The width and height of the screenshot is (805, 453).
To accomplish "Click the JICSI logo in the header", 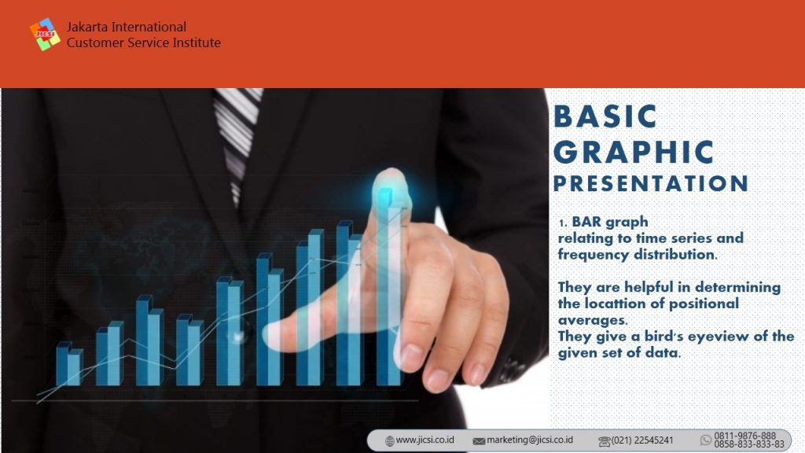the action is point(45,35).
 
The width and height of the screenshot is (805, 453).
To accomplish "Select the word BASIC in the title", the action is point(605,116).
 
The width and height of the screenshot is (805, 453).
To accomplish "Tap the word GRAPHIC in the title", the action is point(634,152).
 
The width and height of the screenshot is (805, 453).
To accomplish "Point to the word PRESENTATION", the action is point(650,183).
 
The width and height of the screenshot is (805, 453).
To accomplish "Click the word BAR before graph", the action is point(586,222).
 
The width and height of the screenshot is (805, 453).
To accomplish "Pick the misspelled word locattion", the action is point(615,304).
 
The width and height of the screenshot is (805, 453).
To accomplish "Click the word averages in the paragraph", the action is point(593,321).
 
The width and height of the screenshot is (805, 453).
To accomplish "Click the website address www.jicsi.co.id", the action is point(425,440).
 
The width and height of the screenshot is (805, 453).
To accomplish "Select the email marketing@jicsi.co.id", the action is point(529,440).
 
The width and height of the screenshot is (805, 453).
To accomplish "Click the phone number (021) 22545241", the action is point(641,440).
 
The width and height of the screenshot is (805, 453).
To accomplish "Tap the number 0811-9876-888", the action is point(745,436).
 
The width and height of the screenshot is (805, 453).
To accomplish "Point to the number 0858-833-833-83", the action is point(749,444).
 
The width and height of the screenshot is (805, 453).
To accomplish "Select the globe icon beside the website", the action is point(390,440).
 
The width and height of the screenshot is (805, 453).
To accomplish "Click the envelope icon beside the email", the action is point(479,441).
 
